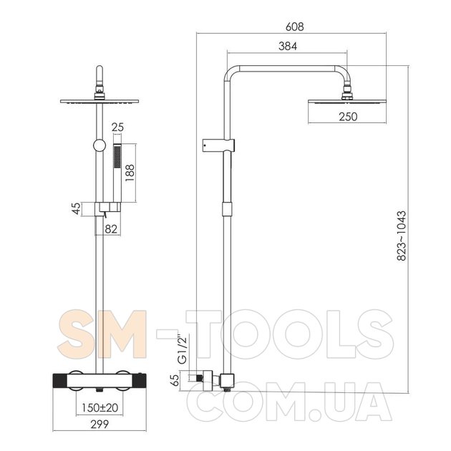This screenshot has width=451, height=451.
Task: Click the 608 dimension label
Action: (x=294, y=26)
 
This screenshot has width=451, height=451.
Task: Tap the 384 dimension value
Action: (x=288, y=46)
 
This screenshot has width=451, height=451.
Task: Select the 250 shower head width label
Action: (x=348, y=117)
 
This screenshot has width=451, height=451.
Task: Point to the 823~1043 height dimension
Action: (x=401, y=236)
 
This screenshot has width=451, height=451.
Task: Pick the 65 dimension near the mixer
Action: (x=175, y=380)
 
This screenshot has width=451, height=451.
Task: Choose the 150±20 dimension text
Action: (x=100, y=407)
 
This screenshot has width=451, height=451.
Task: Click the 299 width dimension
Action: (x=100, y=425)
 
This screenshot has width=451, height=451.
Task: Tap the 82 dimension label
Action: (x=111, y=229)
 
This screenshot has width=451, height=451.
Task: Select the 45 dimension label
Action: (x=76, y=208)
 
